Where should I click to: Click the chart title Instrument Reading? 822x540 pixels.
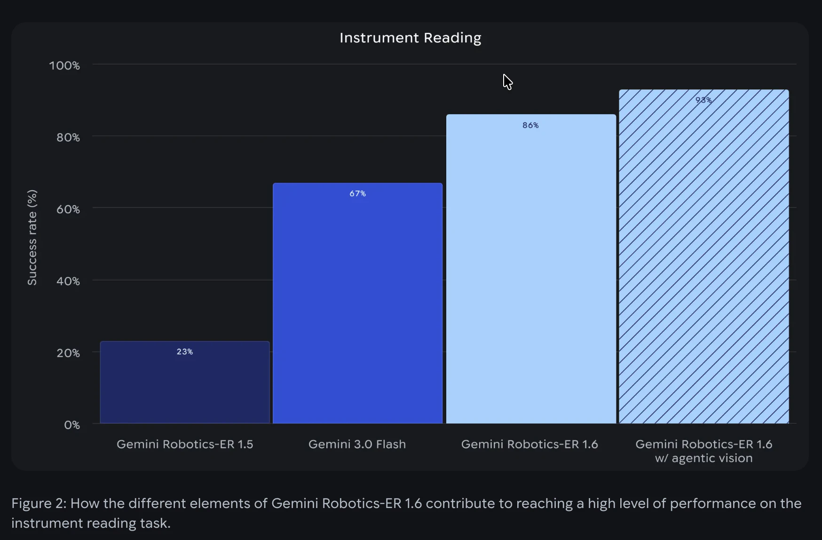410,38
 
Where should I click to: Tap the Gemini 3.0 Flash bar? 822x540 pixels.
357,306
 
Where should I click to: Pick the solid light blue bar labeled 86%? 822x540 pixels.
530,273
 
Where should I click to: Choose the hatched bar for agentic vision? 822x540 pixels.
703,259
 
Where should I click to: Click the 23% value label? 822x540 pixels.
185,352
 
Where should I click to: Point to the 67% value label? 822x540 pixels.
357,193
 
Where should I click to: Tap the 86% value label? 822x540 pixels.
530,125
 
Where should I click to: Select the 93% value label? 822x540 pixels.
703,100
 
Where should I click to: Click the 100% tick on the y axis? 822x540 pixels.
64,65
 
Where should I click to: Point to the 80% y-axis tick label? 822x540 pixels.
68,137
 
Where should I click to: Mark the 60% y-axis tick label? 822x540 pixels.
68,209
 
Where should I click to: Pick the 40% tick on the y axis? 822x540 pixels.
68,281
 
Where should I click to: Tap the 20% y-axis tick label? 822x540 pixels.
68,353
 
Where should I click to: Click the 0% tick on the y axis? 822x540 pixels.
72,425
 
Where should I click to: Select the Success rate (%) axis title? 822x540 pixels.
32,238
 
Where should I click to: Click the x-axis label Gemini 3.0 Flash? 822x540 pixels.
357,444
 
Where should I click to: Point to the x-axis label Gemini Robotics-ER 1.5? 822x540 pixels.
185,444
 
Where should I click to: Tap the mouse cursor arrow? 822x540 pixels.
507,81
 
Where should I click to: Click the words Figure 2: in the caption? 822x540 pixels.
39,503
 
